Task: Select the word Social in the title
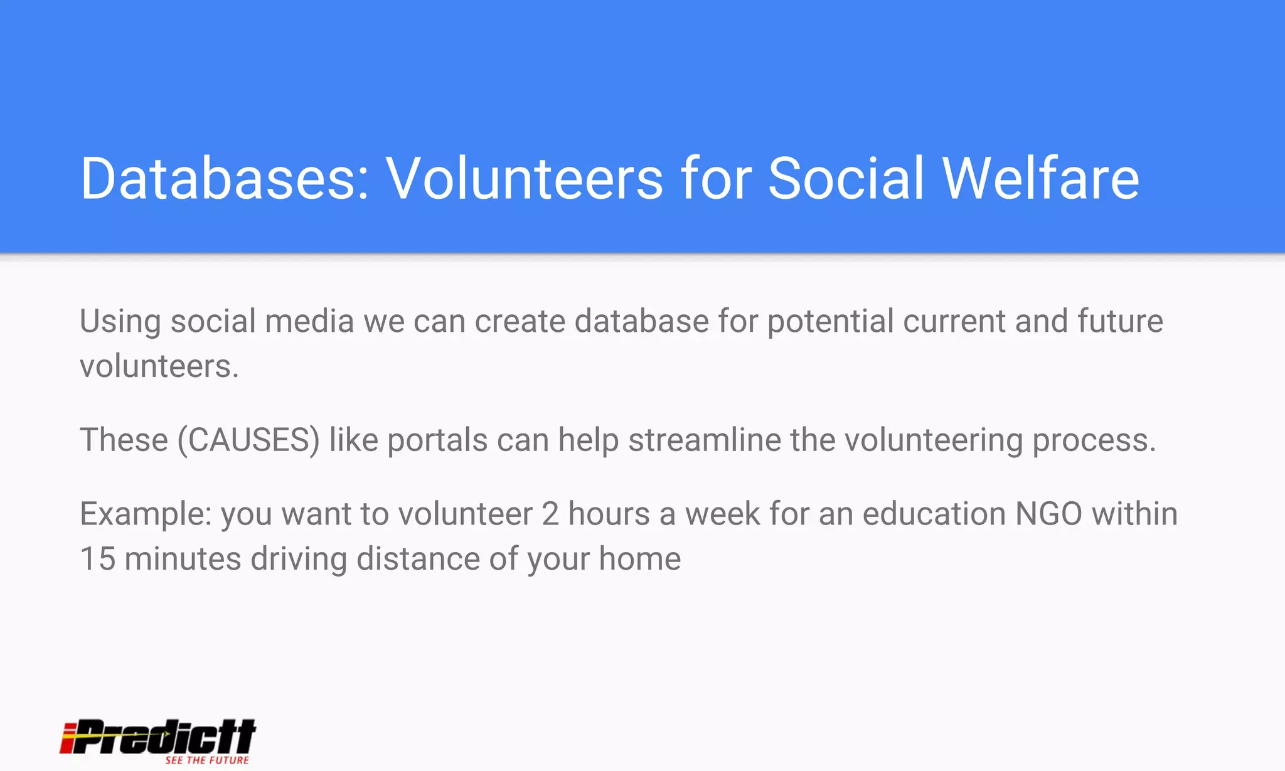coord(846,179)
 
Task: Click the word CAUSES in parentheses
coord(248,440)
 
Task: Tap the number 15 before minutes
coord(98,558)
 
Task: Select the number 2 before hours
coord(550,514)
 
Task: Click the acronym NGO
coord(1048,514)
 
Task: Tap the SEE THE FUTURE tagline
coord(207,760)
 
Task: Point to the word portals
coord(437,440)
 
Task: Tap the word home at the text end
coord(639,558)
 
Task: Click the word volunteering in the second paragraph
coord(934,440)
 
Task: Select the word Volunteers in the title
coord(525,179)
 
